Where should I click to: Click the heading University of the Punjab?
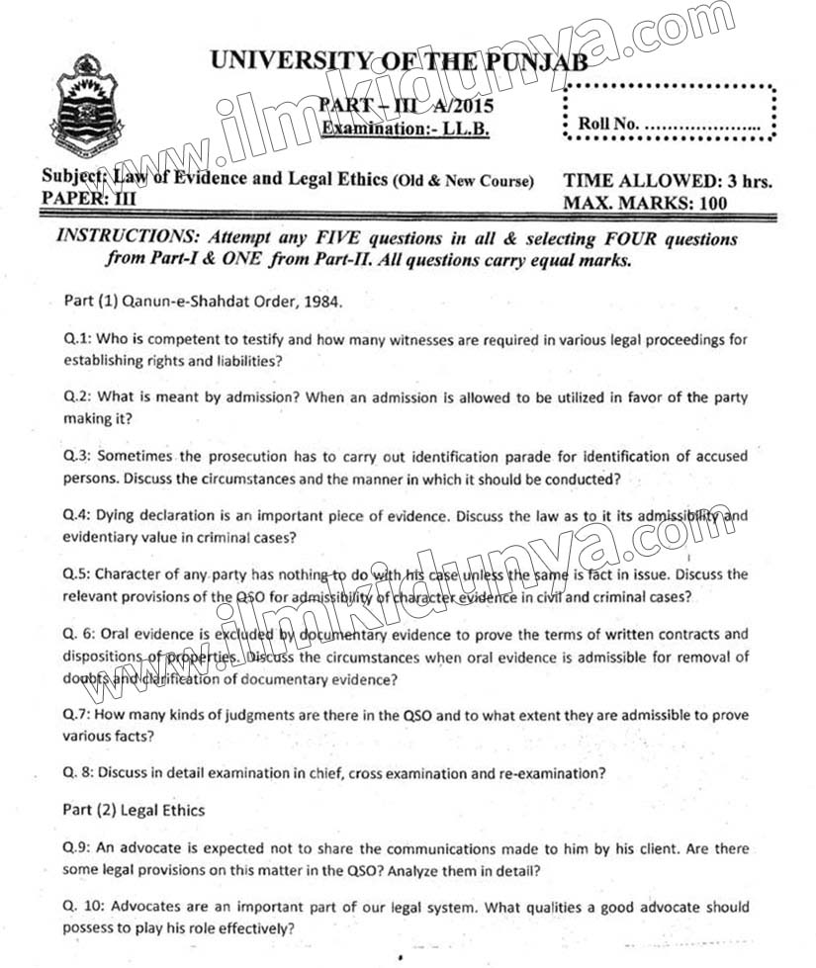coord(398,61)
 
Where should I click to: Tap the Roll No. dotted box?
coord(670,115)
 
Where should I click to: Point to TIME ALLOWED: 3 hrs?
coord(667,181)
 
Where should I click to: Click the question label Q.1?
coord(77,339)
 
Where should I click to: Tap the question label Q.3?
coord(77,457)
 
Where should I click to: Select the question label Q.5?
coord(77,574)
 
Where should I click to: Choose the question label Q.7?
coord(77,715)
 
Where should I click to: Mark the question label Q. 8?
coord(79,772)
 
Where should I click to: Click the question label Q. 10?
coord(83,907)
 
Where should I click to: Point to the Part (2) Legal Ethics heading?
coord(134,810)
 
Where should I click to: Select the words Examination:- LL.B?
coord(405,129)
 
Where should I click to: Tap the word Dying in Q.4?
coord(119,516)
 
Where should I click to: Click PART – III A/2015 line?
coord(407,107)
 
